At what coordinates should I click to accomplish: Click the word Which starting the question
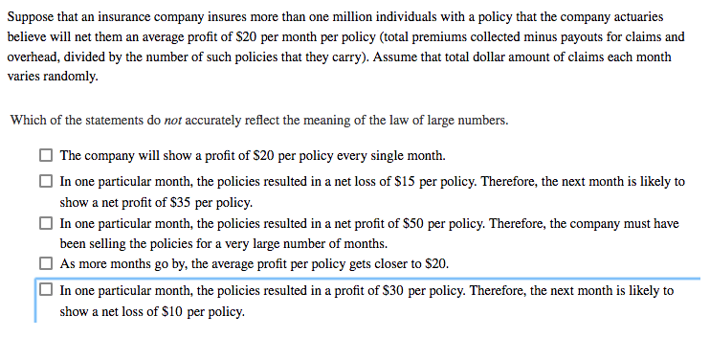[27, 122]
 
